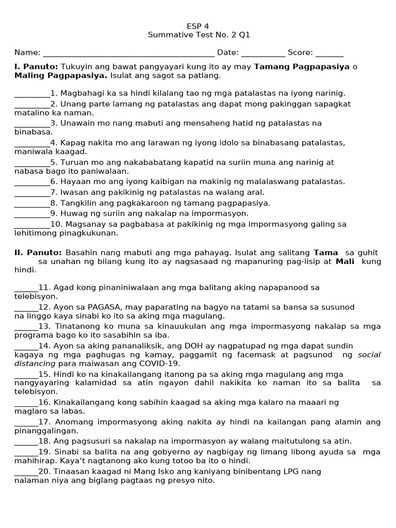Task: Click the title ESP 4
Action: (x=199, y=26)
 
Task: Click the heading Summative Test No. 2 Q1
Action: (x=199, y=36)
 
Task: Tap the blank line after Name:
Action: (x=128, y=54)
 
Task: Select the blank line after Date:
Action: (x=263, y=54)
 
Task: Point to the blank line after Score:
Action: (x=329, y=54)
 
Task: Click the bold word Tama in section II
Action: (x=326, y=253)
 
